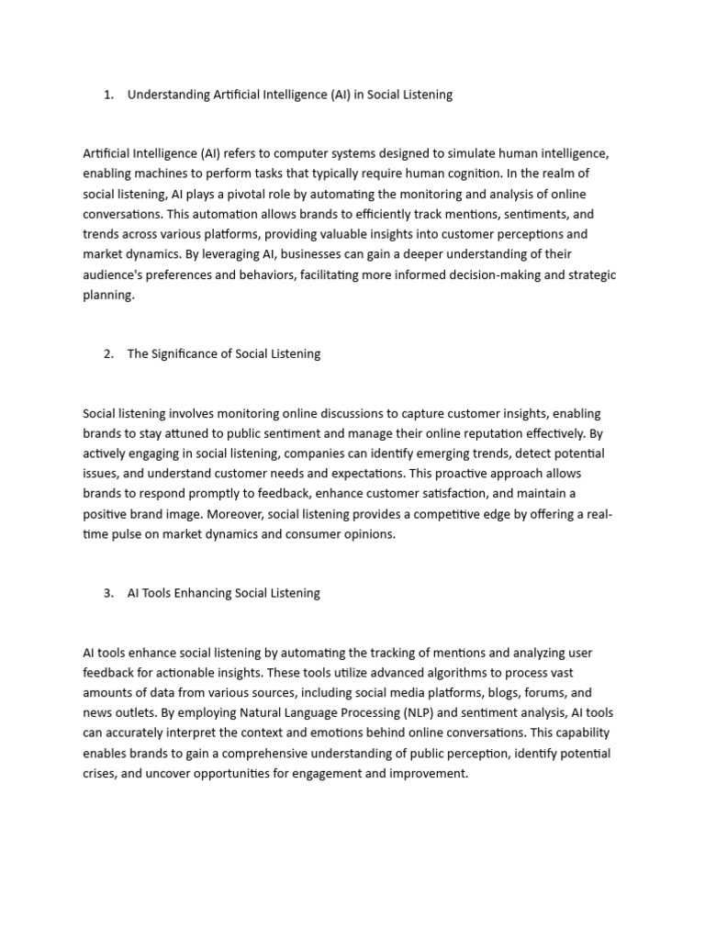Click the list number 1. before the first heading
point(109,95)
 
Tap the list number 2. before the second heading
point(109,354)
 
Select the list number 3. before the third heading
point(109,593)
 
